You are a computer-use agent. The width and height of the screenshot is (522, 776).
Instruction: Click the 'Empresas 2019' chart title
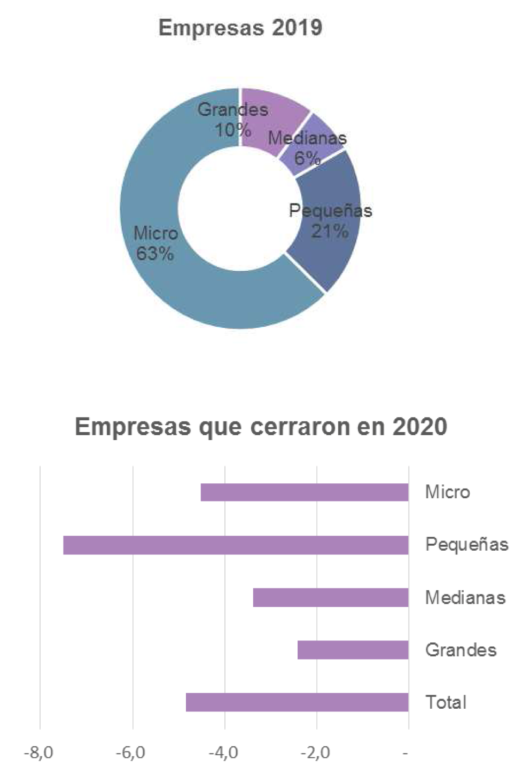point(240,28)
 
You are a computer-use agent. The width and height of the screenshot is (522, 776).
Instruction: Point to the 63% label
point(155,253)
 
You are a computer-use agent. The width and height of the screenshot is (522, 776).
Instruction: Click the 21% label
point(330,231)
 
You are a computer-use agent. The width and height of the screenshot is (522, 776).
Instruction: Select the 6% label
point(307,158)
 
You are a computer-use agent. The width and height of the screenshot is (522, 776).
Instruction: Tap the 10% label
point(233,130)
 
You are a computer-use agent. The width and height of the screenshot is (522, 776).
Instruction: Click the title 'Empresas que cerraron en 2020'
point(261,427)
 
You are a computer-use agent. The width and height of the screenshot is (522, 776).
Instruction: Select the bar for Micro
point(305,492)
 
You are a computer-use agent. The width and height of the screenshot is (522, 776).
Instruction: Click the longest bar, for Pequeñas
point(236,545)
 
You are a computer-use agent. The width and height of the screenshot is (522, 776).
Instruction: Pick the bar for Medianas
point(331,597)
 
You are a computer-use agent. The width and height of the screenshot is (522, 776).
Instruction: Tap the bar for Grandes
point(353,649)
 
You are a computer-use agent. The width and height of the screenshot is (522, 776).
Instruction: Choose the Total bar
point(297,702)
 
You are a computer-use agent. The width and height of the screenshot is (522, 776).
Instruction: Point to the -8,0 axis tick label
point(38,753)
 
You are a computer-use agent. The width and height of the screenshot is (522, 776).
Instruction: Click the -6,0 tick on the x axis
point(131,753)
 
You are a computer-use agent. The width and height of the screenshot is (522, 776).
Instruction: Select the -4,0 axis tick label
point(223,753)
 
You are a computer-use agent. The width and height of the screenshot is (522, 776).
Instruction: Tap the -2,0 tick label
point(315,753)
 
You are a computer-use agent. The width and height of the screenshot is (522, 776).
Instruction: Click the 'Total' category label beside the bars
point(446,702)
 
